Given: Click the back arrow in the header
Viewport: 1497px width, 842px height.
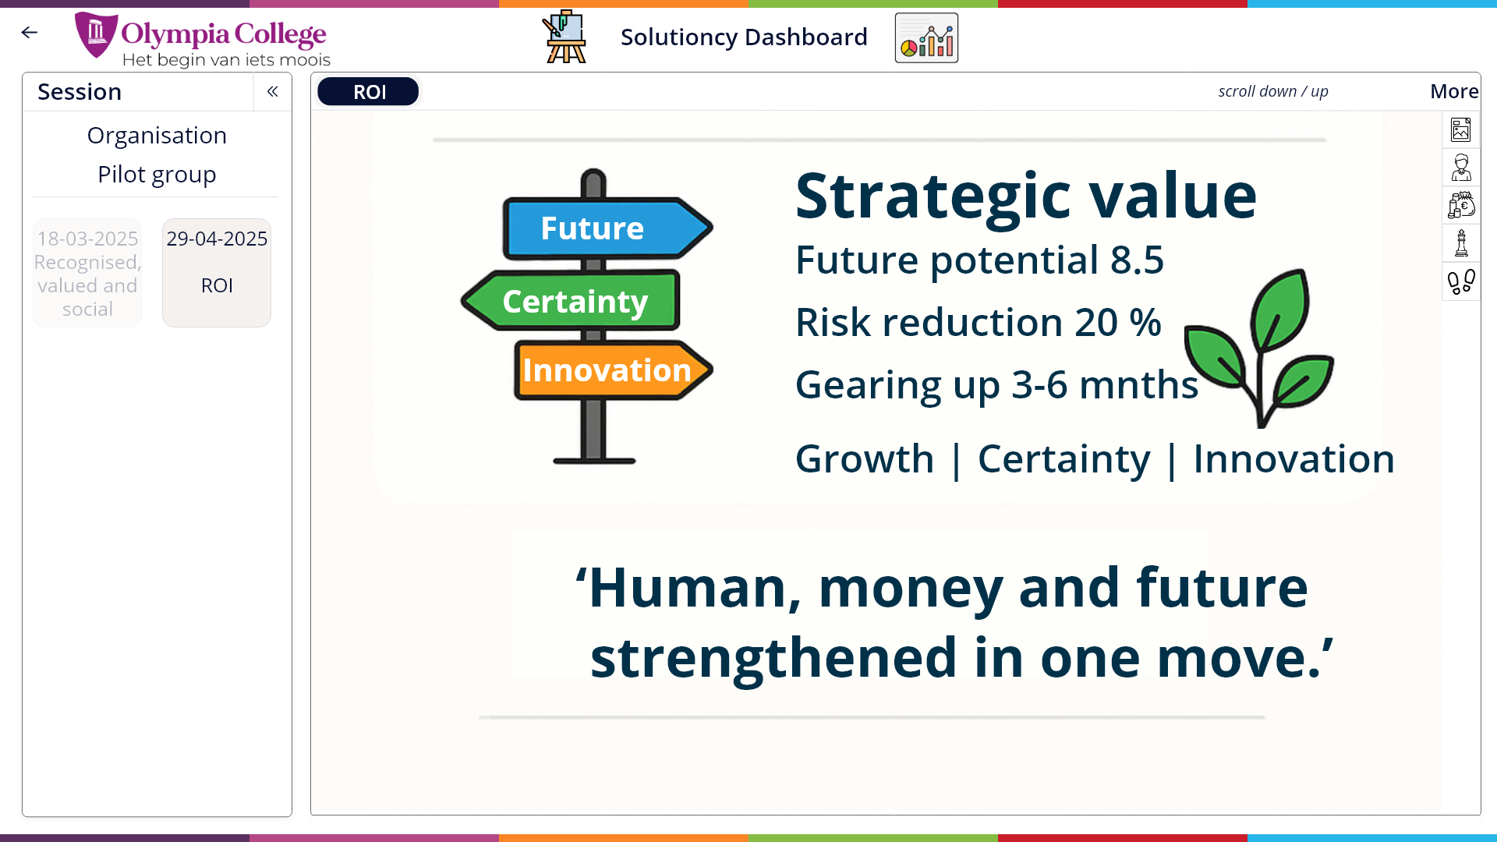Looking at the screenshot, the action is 30,32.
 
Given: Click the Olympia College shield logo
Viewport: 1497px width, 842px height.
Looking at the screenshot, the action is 96,35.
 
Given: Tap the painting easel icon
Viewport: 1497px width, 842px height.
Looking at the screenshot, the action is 565,37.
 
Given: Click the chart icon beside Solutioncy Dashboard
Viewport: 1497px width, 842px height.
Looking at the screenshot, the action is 926,37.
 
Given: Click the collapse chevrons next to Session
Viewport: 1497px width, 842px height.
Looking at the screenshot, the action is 272,92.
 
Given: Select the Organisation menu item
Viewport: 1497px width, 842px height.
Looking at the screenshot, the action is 157,136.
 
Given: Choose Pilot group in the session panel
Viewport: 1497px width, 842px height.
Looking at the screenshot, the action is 157,175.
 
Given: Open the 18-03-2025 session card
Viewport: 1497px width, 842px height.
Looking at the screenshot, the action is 87,273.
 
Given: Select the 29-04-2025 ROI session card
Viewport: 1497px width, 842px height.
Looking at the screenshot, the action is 217,273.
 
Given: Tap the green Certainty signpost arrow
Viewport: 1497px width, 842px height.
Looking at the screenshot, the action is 571,301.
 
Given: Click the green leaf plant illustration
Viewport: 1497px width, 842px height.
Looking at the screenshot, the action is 1259,348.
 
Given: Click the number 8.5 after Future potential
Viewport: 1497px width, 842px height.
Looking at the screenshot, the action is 1137,260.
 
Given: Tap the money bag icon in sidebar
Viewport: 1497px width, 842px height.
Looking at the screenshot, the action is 1461,205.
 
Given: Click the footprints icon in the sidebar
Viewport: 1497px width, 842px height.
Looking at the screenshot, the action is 1461,281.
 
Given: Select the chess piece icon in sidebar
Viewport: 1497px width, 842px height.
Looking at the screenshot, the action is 1461,243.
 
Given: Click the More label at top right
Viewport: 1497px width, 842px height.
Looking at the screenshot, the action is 1454,91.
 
